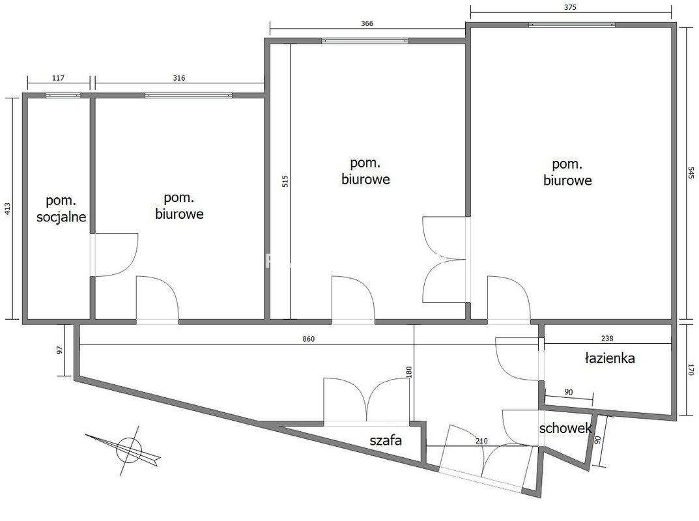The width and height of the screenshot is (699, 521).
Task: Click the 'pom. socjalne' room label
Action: (x=61, y=208)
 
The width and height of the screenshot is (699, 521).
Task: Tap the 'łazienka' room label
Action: (x=609, y=358)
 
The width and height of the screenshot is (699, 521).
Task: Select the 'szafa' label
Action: (x=386, y=440)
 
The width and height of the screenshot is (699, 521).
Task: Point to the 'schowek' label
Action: (x=565, y=429)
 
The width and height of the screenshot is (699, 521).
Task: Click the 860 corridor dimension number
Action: (x=309, y=339)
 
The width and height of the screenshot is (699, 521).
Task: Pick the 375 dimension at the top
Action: (x=570, y=7)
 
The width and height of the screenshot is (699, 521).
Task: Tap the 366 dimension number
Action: (x=367, y=23)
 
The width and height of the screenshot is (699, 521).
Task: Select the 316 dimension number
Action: (x=178, y=78)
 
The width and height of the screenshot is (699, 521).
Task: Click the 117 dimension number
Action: (x=59, y=78)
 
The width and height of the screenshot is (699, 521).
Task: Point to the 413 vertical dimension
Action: (x=8, y=208)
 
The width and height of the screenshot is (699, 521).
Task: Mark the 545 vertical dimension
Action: (x=691, y=173)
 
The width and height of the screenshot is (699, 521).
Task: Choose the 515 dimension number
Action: (x=285, y=181)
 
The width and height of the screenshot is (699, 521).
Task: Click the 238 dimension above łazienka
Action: (x=607, y=338)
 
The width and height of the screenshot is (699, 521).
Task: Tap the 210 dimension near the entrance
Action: (x=481, y=441)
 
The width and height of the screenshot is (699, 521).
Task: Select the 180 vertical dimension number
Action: (x=409, y=372)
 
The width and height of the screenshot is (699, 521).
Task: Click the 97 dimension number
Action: (x=60, y=350)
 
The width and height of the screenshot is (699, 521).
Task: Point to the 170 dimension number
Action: (x=691, y=370)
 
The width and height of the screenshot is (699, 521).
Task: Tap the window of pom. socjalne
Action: (x=63, y=95)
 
